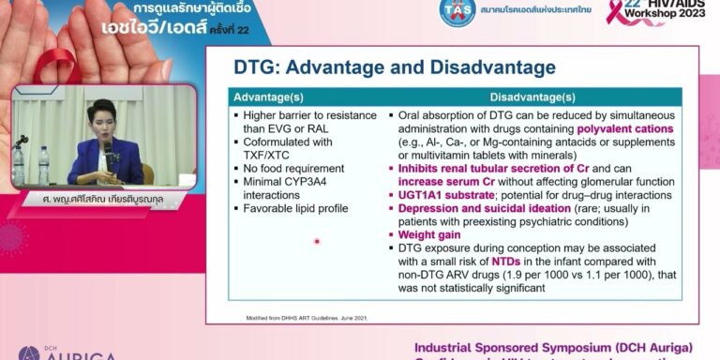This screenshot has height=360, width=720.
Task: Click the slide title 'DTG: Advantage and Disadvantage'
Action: (394, 67)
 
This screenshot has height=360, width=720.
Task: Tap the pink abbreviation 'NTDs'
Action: (506, 262)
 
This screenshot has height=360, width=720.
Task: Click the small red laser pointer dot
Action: (317, 241)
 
